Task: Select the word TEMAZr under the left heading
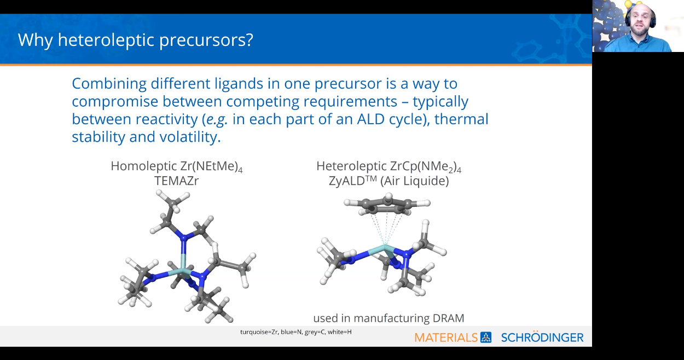(177, 181)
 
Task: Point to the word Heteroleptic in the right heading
(351, 166)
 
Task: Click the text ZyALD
(347, 181)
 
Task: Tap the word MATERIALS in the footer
(446, 338)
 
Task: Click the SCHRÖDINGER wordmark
(542, 337)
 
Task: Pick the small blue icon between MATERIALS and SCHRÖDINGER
(486, 338)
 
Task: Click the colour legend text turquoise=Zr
(259, 332)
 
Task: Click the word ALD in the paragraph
(370, 119)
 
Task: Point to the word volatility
(190, 137)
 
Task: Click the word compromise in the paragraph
(115, 102)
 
